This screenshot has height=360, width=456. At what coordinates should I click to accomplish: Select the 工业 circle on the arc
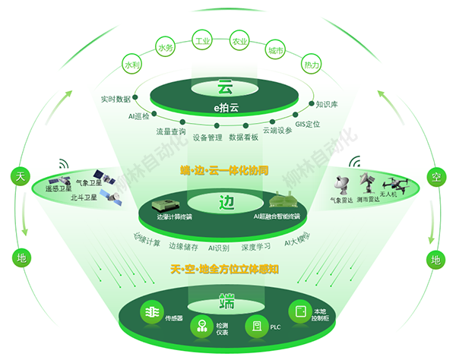202,42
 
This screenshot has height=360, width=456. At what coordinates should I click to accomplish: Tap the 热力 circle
311,65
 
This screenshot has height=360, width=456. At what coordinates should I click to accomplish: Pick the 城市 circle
275,51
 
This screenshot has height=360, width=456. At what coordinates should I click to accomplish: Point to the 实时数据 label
116,99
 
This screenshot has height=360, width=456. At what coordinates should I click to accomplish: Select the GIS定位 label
308,123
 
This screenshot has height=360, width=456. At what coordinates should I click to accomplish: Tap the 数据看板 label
244,137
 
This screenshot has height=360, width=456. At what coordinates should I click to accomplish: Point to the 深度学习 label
256,245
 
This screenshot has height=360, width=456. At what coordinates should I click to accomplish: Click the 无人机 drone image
396,185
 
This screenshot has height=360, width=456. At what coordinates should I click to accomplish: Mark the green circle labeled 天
21,177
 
